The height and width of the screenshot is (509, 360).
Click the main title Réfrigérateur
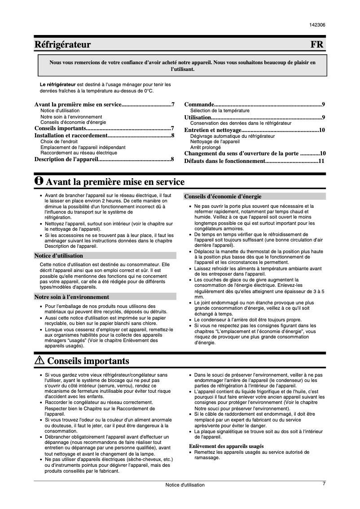point(63,44)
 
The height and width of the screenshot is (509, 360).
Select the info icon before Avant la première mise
point(39,181)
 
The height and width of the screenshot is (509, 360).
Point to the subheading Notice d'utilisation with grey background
point(59,256)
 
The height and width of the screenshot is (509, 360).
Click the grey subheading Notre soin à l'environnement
point(72,297)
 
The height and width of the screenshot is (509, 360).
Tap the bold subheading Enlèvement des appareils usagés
point(226,446)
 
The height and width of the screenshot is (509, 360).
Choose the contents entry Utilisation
point(198,117)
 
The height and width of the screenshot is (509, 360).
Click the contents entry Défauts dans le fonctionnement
point(225,161)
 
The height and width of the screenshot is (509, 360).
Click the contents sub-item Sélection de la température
point(220,110)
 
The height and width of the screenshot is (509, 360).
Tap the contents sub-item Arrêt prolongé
point(206,147)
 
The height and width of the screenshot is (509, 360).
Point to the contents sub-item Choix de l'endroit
point(59,141)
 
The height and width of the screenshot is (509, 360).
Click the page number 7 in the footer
point(324,483)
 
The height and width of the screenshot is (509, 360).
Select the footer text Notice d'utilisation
point(184,485)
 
